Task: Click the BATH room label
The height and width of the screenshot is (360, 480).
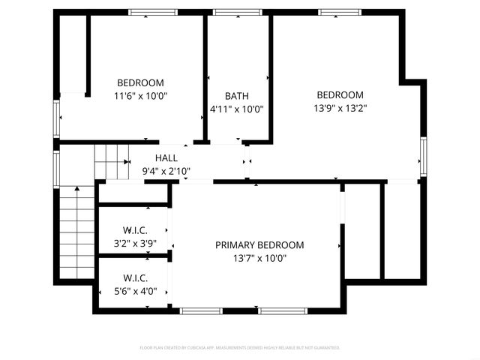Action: click(x=236, y=96)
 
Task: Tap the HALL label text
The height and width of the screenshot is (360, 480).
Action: click(x=166, y=158)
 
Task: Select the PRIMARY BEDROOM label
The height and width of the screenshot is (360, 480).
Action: click(x=259, y=245)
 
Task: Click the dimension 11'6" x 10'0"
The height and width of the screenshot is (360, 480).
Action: click(x=140, y=96)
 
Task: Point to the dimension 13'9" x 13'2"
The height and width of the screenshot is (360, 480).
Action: click(x=340, y=108)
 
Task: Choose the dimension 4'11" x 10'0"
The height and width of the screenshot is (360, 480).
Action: click(x=236, y=109)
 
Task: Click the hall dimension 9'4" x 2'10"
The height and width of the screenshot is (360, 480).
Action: click(x=166, y=171)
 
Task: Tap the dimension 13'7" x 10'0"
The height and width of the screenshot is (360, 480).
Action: click(x=259, y=259)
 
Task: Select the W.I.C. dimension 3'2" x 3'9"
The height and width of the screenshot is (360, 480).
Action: click(x=135, y=243)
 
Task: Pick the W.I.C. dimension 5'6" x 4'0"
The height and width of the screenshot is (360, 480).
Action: click(x=135, y=291)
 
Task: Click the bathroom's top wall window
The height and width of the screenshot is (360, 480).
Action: click(x=237, y=12)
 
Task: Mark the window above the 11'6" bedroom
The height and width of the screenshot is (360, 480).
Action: click(x=153, y=12)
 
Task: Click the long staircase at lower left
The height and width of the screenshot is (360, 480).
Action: click(x=76, y=231)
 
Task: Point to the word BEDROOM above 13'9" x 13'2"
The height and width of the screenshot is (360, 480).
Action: click(x=340, y=95)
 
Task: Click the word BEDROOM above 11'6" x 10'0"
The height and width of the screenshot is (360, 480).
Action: click(x=140, y=82)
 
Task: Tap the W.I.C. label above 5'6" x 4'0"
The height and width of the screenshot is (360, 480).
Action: click(x=135, y=278)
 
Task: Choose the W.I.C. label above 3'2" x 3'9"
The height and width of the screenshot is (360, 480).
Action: click(x=135, y=230)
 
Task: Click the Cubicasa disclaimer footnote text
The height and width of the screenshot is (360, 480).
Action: click(x=240, y=348)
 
